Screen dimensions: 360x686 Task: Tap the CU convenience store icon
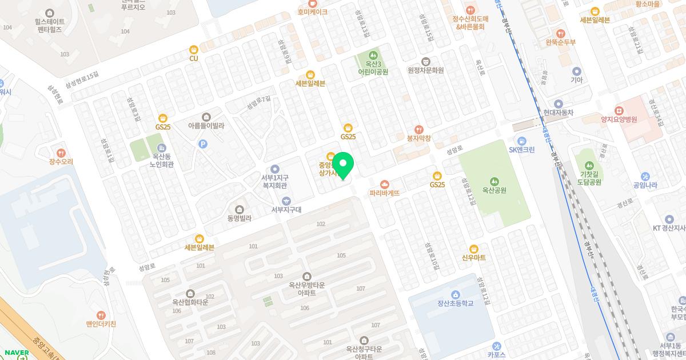[x=194, y=50]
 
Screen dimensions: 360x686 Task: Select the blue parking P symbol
[x=202, y=145]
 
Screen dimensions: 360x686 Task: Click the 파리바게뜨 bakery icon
[x=385, y=184]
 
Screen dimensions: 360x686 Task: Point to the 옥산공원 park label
[x=494, y=190]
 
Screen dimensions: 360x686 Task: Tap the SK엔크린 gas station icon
[x=521, y=141]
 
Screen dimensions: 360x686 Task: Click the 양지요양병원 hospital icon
[x=619, y=110]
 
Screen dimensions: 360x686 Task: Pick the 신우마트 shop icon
[x=473, y=249]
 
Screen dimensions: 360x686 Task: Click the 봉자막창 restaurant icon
[x=418, y=129]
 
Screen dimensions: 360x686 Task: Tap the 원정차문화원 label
[x=426, y=70]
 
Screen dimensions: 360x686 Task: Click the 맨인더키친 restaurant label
[x=101, y=324]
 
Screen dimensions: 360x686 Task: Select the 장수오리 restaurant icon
[x=61, y=153]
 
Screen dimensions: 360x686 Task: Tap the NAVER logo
[x=16, y=353]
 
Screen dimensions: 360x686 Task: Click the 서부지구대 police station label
[x=286, y=210]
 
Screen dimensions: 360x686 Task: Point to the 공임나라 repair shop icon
[x=645, y=176]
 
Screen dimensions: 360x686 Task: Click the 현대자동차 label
[x=559, y=113]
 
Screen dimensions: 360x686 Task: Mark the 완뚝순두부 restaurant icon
[x=560, y=33]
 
